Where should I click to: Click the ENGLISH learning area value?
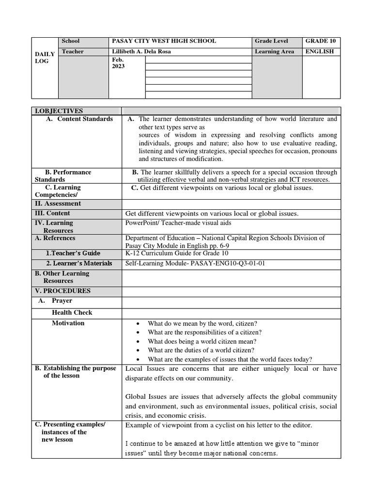coord(319,52)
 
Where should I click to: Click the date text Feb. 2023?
coord(118,63)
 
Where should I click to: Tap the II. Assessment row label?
coord(58,204)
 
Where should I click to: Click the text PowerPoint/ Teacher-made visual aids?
coord(178,223)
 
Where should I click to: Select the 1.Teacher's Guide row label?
coord(73,253)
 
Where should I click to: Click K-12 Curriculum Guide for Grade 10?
coord(177,253)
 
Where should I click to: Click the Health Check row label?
coord(72,312)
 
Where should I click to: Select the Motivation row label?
coord(68,323)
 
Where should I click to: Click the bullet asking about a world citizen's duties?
coord(201,350)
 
